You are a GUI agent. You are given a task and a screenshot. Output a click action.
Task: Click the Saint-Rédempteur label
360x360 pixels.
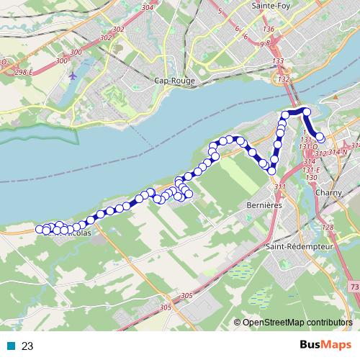click(297, 246)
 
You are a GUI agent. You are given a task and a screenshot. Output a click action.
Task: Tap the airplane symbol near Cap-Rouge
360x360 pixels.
click(73, 74)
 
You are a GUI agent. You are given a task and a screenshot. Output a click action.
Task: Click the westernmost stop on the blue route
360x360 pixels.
click(40, 229)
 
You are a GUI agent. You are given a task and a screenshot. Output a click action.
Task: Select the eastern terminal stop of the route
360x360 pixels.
click(320, 138)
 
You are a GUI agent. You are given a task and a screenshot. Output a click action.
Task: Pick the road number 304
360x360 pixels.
click(148, 7)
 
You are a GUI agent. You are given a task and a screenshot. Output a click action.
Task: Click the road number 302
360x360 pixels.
click(106, 37)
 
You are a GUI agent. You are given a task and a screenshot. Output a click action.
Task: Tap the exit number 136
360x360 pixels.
click(269, 29)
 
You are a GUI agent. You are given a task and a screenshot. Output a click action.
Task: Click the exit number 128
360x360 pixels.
click(328, 228)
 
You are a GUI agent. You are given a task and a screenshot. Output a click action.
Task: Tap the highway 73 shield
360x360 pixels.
click(354, 287)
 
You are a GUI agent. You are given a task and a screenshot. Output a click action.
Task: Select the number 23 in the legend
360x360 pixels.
click(27, 346)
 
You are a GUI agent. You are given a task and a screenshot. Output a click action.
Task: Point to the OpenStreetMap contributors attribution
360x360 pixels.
click(296, 323)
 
